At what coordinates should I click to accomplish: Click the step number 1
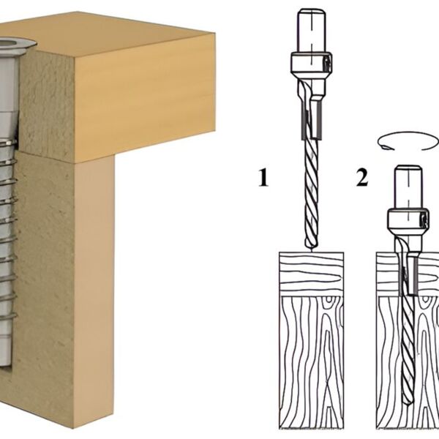coord(263,177)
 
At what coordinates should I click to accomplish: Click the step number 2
coord(362,177)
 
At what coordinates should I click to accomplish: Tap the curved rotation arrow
coord(408,141)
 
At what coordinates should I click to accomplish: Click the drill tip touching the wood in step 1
coord(311,249)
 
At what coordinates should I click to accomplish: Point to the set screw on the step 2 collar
coord(423,219)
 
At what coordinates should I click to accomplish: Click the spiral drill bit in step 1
coord(311,193)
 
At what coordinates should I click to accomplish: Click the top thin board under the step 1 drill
coord(312,274)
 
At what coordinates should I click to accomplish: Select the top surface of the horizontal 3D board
coord(112,35)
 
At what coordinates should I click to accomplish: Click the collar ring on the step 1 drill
coord(311,63)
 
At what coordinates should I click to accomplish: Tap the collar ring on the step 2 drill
coord(408,219)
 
